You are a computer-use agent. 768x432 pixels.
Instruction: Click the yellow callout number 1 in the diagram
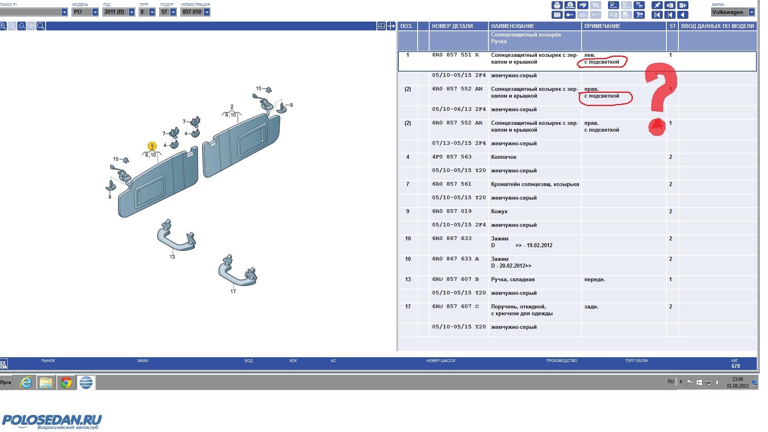152,146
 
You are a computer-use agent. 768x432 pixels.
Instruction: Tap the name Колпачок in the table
504,157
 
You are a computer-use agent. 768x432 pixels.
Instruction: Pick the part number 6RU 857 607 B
455,279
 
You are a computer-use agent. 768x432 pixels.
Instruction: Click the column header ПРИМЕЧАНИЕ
602,26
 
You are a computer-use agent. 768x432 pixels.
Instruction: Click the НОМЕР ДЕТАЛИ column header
452,26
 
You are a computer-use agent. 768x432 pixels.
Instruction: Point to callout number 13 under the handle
172,257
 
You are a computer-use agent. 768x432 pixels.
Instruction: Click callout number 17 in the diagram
233,291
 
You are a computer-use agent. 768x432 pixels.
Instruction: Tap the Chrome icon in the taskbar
66,383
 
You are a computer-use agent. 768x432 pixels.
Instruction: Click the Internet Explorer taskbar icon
26,383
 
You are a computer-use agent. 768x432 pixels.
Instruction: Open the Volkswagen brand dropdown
733,12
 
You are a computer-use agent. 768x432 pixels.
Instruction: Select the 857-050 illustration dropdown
196,12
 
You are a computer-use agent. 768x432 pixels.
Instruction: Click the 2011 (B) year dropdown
119,12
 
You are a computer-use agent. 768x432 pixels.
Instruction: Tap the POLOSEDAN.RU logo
52,422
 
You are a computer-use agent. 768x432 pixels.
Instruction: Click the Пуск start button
6,382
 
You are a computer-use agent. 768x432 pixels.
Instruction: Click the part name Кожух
499,212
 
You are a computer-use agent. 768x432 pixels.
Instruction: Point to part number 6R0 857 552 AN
457,89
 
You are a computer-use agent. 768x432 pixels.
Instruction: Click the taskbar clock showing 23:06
738,379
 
